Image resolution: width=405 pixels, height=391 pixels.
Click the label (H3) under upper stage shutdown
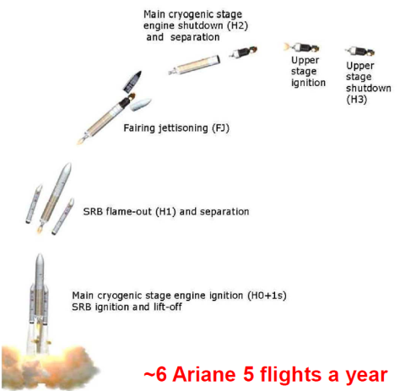357,100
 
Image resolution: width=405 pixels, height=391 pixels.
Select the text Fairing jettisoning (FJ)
176,128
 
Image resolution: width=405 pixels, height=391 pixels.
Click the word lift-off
168,307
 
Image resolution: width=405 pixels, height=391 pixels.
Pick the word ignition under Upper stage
308,83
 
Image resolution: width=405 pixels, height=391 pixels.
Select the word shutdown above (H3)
369,88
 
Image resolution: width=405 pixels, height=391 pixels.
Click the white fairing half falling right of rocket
140,105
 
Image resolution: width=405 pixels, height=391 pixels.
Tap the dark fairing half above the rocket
132,82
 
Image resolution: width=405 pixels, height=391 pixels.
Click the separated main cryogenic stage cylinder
194,65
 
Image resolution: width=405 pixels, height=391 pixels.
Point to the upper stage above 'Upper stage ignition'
301,47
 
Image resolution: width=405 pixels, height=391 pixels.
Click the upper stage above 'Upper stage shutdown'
360,52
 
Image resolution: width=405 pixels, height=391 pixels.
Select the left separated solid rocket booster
34,204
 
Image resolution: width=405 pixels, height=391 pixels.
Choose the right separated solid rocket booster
63,216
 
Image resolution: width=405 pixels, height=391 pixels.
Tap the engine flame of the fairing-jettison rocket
81,140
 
